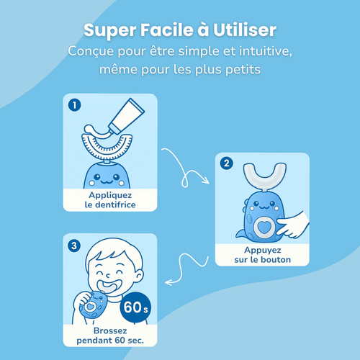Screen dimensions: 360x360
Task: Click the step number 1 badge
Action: point(73,104)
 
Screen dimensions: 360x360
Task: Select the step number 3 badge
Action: point(73,244)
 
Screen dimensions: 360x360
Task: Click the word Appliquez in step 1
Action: point(110,194)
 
